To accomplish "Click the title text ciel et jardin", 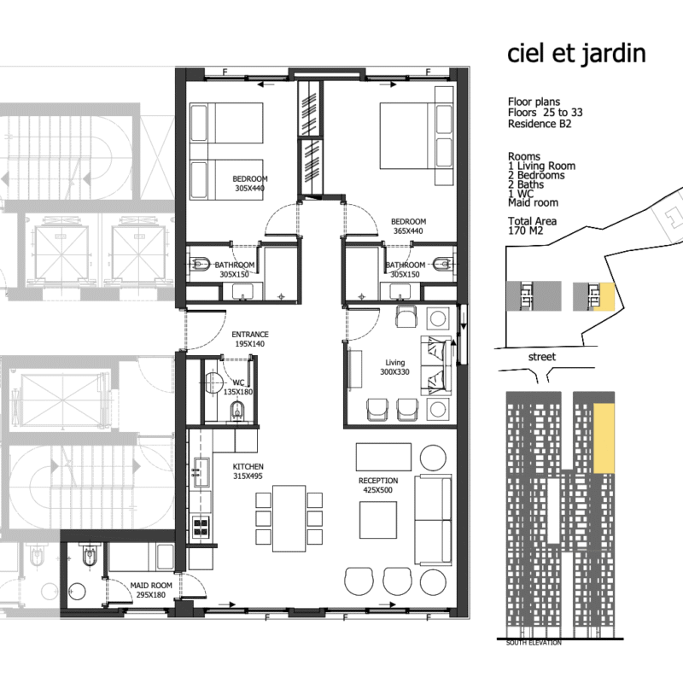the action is pyautogui.click(x=576, y=54).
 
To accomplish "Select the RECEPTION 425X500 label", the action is pyautogui.click(x=378, y=485).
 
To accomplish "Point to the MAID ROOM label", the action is pyautogui.click(x=151, y=590).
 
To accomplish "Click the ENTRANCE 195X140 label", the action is pyautogui.click(x=250, y=339).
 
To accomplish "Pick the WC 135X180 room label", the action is pyautogui.click(x=238, y=388).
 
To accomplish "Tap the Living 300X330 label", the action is pyautogui.click(x=394, y=367).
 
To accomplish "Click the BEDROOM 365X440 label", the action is pyautogui.click(x=408, y=226).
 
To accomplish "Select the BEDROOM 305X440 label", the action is pyautogui.click(x=250, y=184).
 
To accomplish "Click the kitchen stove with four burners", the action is pyautogui.click(x=201, y=526).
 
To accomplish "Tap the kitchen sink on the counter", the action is pyautogui.click(x=201, y=473).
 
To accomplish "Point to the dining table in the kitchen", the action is pyautogui.click(x=289, y=518).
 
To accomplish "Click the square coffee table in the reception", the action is pyautogui.click(x=378, y=520).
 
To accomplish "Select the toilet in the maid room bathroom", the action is pyautogui.click(x=90, y=556).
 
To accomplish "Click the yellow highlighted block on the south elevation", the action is pyautogui.click(x=604, y=438).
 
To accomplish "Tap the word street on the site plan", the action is pyautogui.click(x=542, y=357).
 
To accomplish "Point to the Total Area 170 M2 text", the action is pyautogui.click(x=532, y=225).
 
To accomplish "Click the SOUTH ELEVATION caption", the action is pyautogui.click(x=534, y=643).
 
